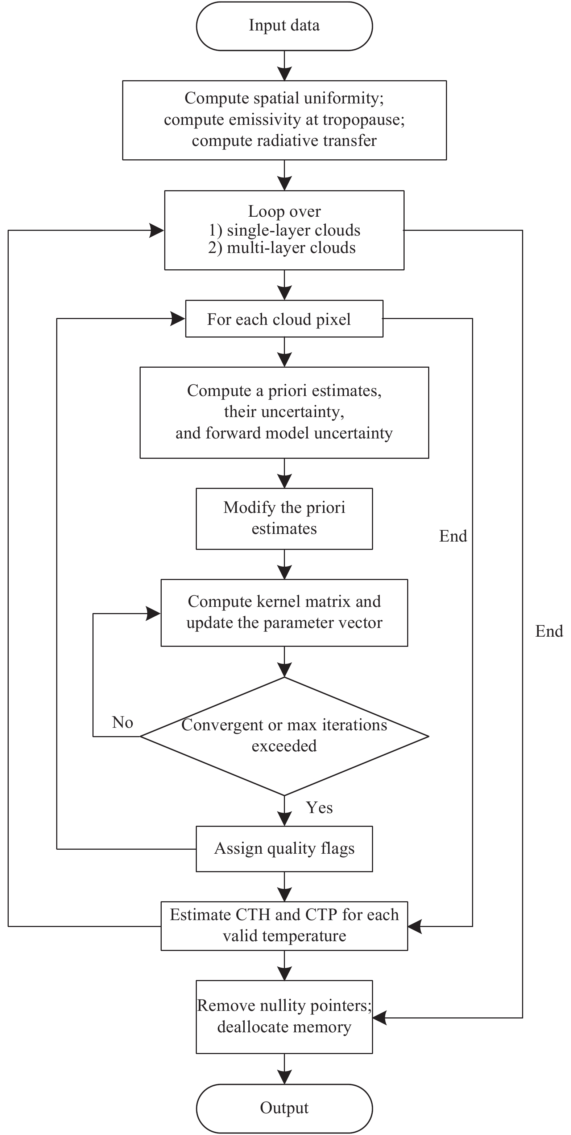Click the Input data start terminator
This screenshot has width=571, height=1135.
tap(284, 26)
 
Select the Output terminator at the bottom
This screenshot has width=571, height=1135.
tap(284, 1108)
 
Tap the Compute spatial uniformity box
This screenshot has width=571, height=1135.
tap(284, 120)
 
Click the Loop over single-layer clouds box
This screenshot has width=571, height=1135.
tap(284, 230)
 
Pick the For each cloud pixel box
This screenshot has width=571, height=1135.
tap(284, 319)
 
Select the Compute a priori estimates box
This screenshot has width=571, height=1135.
tap(284, 412)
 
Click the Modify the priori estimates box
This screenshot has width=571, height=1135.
tap(284, 519)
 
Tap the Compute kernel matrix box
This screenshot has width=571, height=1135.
tap(284, 612)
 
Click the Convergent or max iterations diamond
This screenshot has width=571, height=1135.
tap(284, 736)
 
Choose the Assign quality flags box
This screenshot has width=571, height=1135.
tap(284, 849)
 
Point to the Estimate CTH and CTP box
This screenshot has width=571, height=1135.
tap(284, 926)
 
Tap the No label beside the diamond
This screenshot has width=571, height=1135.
tap(123, 723)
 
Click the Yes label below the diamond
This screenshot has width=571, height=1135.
tap(319, 808)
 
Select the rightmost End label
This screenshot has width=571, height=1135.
tap(549, 631)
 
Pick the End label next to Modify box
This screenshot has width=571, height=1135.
tap(453, 536)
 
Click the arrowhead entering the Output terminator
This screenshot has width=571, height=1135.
tap(284, 1077)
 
